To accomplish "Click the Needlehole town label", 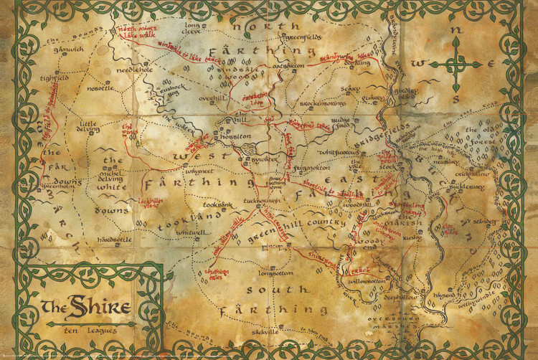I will pyautogui.click(x=135, y=70).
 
